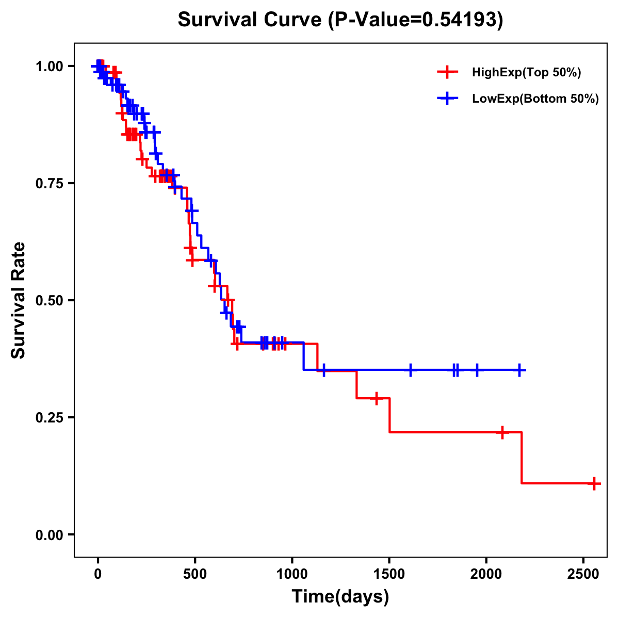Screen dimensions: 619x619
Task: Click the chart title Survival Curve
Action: [340, 20]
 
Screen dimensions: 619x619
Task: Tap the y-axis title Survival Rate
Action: [19, 300]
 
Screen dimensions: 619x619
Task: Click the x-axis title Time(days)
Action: [340, 597]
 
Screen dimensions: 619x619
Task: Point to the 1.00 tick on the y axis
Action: [50, 67]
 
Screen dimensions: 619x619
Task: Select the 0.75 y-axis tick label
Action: [50, 184]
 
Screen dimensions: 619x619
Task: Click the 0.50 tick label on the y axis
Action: [50, 301]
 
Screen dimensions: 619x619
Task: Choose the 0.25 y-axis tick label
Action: [50, 417]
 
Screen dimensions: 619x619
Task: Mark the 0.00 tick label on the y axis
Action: [50, 535]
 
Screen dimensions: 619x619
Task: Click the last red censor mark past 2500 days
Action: [594, 484]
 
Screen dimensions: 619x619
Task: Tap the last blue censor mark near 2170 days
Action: [519, 370]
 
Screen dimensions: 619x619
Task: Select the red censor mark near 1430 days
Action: [376, 398]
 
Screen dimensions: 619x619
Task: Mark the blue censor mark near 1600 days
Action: [411, 370]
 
